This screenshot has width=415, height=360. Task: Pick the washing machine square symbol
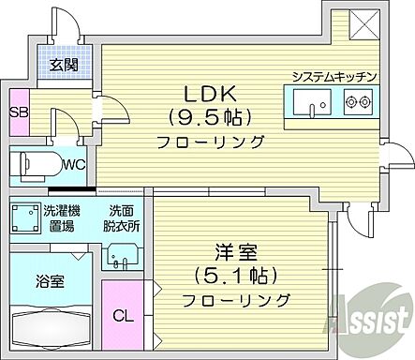(23, 219)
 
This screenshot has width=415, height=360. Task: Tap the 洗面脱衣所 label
(121, 219)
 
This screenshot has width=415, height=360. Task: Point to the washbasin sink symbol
(119, 255)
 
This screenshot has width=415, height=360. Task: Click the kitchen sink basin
(308, 100)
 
